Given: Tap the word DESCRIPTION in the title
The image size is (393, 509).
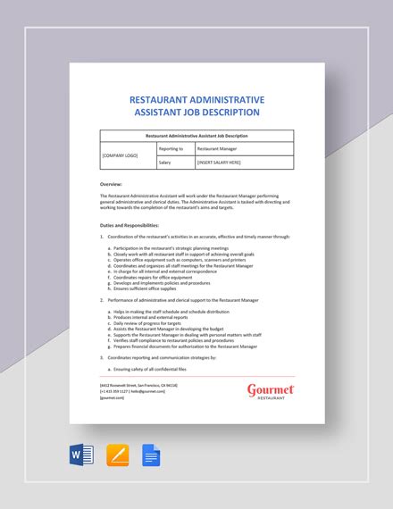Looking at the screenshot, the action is [226, 113].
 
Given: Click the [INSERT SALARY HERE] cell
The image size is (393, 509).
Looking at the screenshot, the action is [220, 163].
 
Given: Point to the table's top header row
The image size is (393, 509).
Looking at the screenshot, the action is [196, 135].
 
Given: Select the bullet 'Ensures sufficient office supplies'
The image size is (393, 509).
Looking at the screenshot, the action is [148, 288].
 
